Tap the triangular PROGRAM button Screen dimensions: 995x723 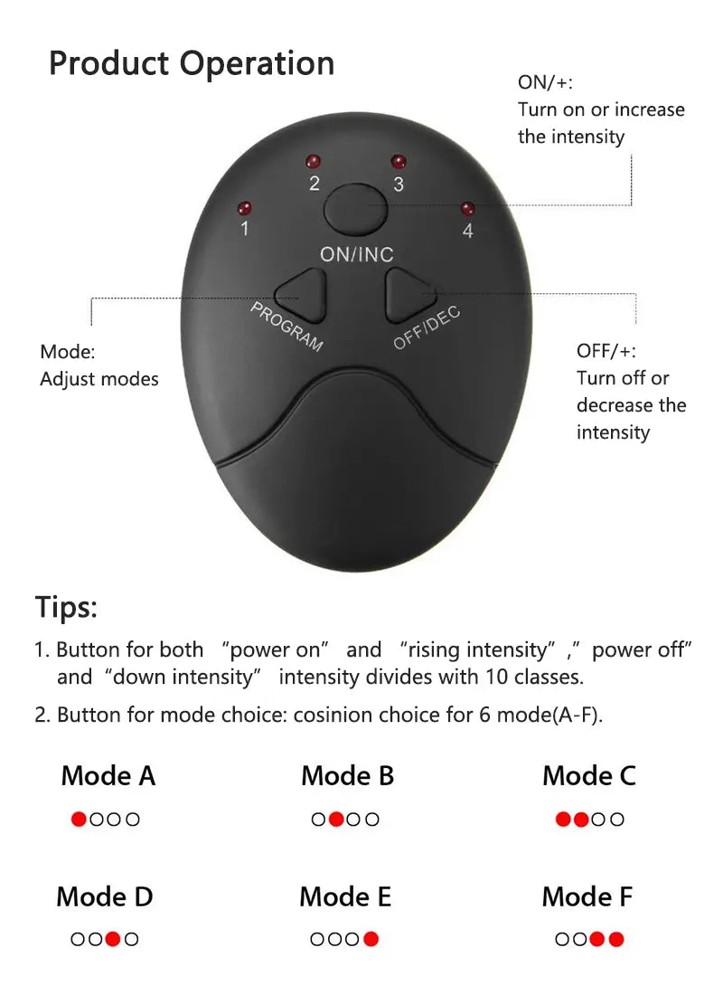[x=302, y=295]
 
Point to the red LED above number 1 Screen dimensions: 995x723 [x=243, y=207]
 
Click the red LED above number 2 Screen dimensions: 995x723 [x=313, y=162]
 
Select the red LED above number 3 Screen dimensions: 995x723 [x=398, y=163]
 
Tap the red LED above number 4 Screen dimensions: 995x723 [x=467, y=208]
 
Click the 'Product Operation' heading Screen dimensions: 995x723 [x=192, y=63]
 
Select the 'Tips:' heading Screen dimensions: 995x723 [x=66, y=606]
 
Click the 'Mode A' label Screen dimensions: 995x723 [x=108, y=776]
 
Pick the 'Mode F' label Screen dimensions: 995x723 [x=587, y=897]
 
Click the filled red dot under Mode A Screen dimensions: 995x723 [x=79, y=820]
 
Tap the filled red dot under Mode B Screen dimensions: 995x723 [x=336, y=820]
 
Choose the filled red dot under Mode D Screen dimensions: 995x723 [x=112, y=939]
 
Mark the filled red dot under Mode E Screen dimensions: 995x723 [x=371, y=939]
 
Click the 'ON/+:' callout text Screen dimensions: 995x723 [x=545, y=83]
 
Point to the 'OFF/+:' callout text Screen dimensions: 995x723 [x=606, y=351]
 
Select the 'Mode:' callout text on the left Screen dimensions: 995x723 [x=67, y=352]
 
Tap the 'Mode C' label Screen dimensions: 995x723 [x=589, y=776]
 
